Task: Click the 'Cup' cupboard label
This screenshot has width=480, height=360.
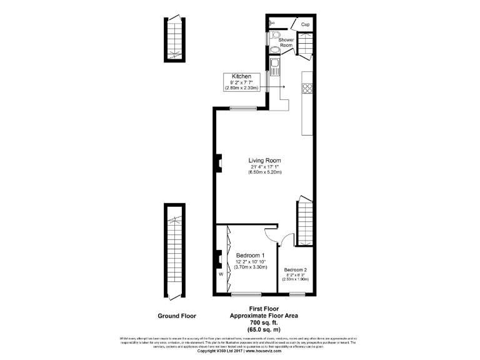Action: pos(305,24)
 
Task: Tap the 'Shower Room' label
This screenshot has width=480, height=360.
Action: pos(286,42)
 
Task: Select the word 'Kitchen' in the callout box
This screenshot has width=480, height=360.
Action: pos(241,76)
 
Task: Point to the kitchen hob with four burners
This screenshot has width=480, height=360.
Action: pos(307,88)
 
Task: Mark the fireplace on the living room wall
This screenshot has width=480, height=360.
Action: pos(219,164)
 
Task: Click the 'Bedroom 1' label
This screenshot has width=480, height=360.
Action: pos(250,256)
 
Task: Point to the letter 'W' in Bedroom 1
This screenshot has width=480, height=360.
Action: pos(221,273)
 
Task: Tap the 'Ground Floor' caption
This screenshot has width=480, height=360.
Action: pos(177,316)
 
